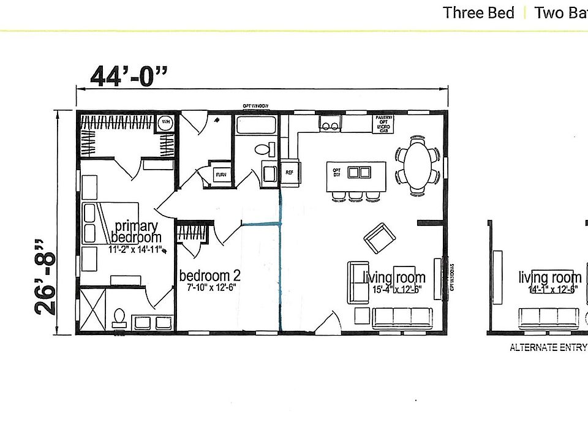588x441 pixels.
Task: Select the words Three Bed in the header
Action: [x=478, y=13]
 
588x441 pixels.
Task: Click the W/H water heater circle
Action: [x=165, y=123]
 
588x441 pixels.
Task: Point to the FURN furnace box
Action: [x=221, y=175]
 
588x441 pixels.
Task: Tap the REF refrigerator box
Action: [x=289, y=172]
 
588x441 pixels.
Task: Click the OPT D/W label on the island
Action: [x=336, y=172]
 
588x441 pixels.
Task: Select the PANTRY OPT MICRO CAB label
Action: [x=383, y=124]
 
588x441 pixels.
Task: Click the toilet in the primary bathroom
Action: [x=119, y=317]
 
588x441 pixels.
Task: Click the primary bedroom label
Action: [x=136, y=232]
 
